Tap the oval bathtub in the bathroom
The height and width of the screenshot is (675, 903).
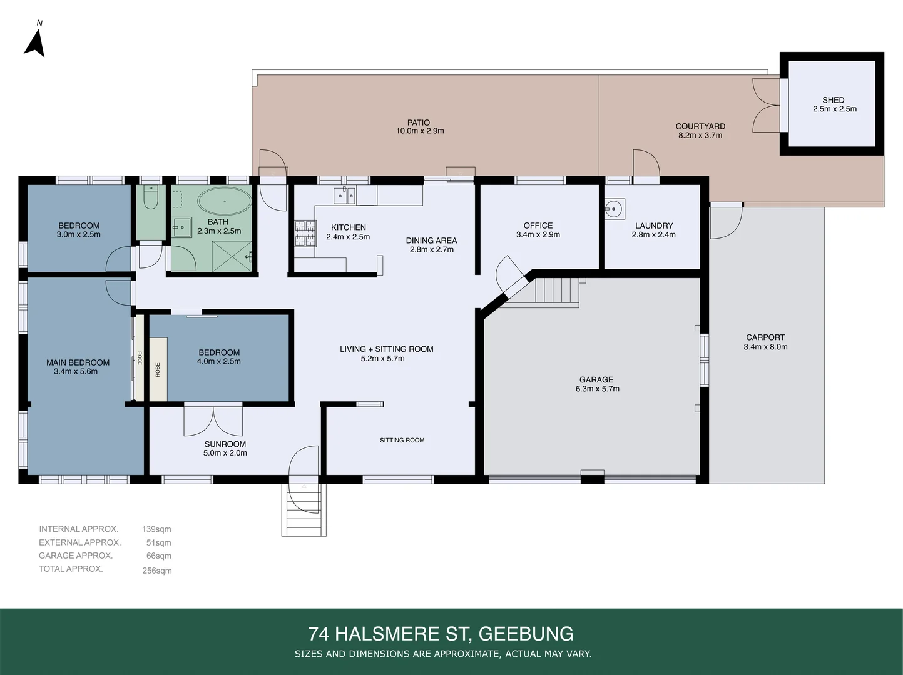[x=225, y=201]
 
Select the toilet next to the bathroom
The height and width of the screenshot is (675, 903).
[x=150, y=198]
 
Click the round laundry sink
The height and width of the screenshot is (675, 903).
[x=615, y=209]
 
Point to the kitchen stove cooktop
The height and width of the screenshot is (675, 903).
[x=305, y=234]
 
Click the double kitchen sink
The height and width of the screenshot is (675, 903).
[x=344, y=196]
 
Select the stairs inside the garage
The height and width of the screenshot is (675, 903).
[x=556, y=291]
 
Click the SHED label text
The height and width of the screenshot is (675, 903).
[x=833, y=100]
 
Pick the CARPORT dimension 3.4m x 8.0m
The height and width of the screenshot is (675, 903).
[x=765, y=347]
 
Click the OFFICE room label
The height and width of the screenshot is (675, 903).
[x=538, y=226]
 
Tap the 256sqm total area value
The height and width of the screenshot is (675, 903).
[x=156, y=571]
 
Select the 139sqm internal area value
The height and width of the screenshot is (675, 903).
[x=156, y=529]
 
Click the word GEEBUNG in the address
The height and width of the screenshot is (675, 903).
[x=526, y=634]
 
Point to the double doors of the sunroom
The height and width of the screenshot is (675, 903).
[x=213, y=421]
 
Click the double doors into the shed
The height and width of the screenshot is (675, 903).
[x=765, y=105]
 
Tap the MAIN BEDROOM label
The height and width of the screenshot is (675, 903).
[x=78, y=362]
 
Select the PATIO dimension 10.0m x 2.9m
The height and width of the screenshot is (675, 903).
[x=419, y=131]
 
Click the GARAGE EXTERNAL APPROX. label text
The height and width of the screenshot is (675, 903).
[x=76, y=556]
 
